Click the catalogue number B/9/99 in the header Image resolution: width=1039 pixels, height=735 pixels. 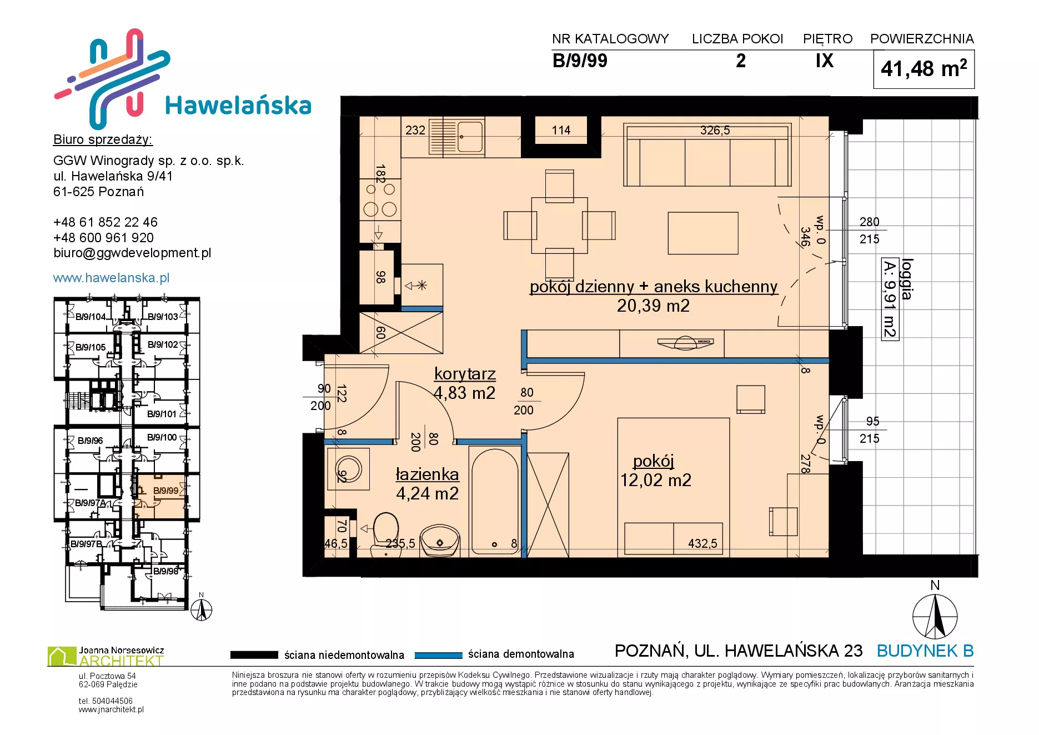point(580,61)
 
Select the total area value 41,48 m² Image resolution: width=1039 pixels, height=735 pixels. point(923,69)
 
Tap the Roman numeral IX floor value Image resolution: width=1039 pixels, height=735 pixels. point(825,61)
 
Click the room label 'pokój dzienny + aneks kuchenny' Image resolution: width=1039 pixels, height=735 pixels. point(654,286)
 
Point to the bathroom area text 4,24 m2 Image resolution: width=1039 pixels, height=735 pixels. point(427,493)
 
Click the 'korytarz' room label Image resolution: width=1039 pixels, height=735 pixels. point(465,374)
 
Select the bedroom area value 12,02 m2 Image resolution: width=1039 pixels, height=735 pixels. point(655,480)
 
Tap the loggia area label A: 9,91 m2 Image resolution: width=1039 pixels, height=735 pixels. point(890,299)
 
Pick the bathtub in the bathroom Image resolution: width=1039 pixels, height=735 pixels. point(494,502)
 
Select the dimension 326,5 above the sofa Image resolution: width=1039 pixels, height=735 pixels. point(715,131)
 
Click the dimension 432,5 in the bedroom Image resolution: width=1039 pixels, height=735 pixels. point(702,543)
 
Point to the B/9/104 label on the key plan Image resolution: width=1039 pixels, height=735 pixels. point(90,317)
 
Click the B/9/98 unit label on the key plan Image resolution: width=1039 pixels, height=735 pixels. point(165,571)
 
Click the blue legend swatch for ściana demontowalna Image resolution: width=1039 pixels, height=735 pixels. point(438,655)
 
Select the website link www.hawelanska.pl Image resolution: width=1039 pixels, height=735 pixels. point(111,278)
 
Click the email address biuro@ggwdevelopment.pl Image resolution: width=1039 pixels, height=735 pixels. point(132,253)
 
